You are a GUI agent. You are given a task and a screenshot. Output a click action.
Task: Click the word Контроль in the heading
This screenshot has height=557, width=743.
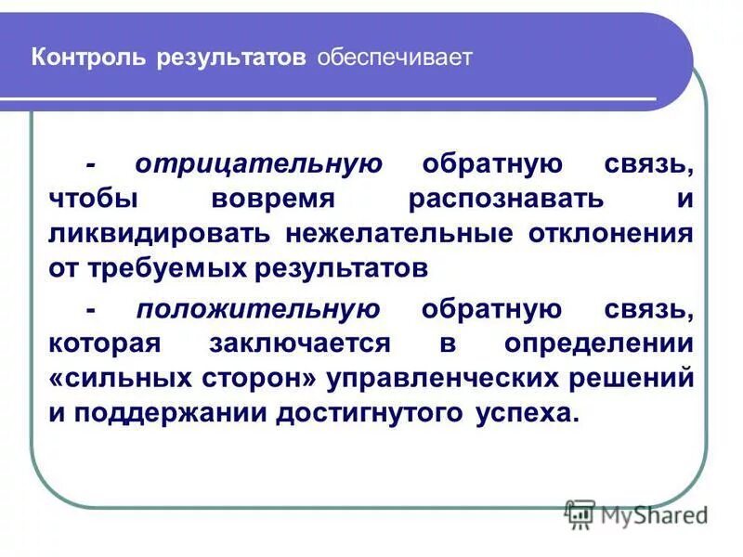pyautogui.click(x=88, y=58)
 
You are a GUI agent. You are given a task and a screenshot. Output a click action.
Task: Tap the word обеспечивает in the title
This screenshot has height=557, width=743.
pyautogui.click(x=396, y=58)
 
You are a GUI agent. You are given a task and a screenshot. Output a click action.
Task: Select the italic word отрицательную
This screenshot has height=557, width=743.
pyautogui.click(x=258, y=164)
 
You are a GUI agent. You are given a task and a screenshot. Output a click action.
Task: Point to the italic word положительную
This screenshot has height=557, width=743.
pyautogui.click(x=257, y=308)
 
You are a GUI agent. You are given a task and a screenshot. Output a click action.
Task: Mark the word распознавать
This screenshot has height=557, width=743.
pyautogui.click(x=505, y=200)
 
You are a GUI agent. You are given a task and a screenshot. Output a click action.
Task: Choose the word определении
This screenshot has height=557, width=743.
pyautogui.click(x=599, y=343)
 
